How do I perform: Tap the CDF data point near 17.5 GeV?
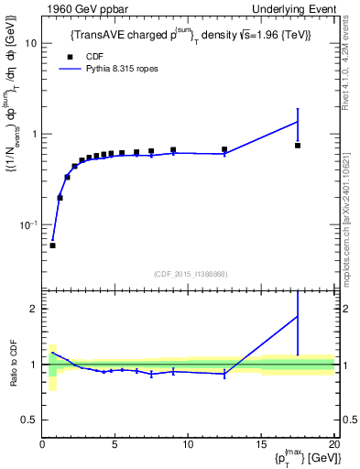[298, 146]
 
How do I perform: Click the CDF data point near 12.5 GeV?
[224, 149]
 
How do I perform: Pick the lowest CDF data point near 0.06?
[52, 245]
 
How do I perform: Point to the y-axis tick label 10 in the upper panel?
[30, 43]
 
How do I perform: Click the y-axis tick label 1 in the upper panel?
[33, 134]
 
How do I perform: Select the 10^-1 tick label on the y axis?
[28, 224]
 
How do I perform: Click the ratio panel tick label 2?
[33, 309]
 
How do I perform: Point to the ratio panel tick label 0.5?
[29, 420]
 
